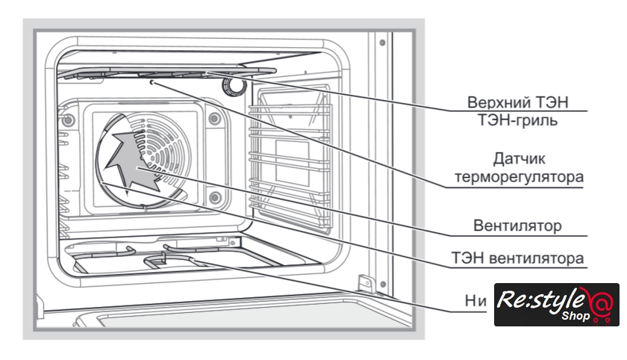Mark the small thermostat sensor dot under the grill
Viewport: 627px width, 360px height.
[153, 84]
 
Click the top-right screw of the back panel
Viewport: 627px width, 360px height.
[214, 117]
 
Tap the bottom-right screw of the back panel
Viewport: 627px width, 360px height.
[214, 197]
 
